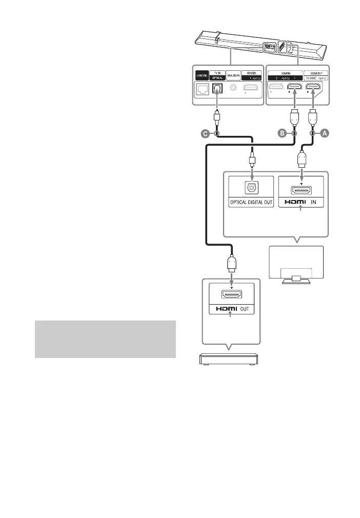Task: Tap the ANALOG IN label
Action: pyautogui.click(x=234, y=76)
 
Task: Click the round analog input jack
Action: pyautogui.click(x=234, y=88)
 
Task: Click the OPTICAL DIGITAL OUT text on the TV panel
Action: pyautogui.click(x=251, y=203)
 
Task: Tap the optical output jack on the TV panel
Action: pyautogui.click(x=251, y=187)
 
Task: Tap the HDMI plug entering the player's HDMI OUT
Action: pyautogui.click(x=232, y=267)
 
